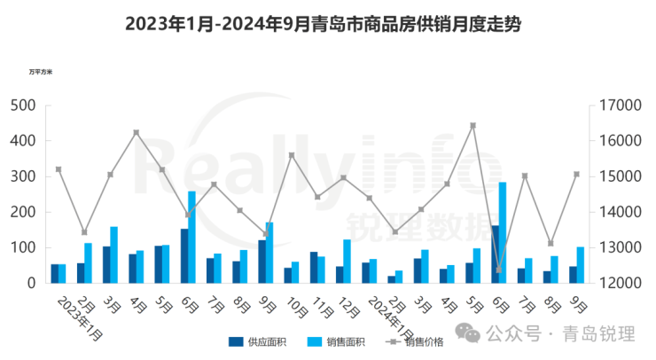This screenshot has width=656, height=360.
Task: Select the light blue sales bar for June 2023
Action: (x=191, y=237)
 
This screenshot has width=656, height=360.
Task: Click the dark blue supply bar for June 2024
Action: (x=494, y=254)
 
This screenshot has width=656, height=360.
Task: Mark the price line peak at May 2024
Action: (x=472, y=125)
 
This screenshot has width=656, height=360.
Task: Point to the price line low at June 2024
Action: (x=498, y=270)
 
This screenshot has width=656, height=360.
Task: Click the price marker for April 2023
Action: (x=136, y=132)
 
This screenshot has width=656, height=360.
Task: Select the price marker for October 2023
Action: (x=292, y=155)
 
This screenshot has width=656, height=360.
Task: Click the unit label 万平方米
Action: (x=41, y=70)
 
